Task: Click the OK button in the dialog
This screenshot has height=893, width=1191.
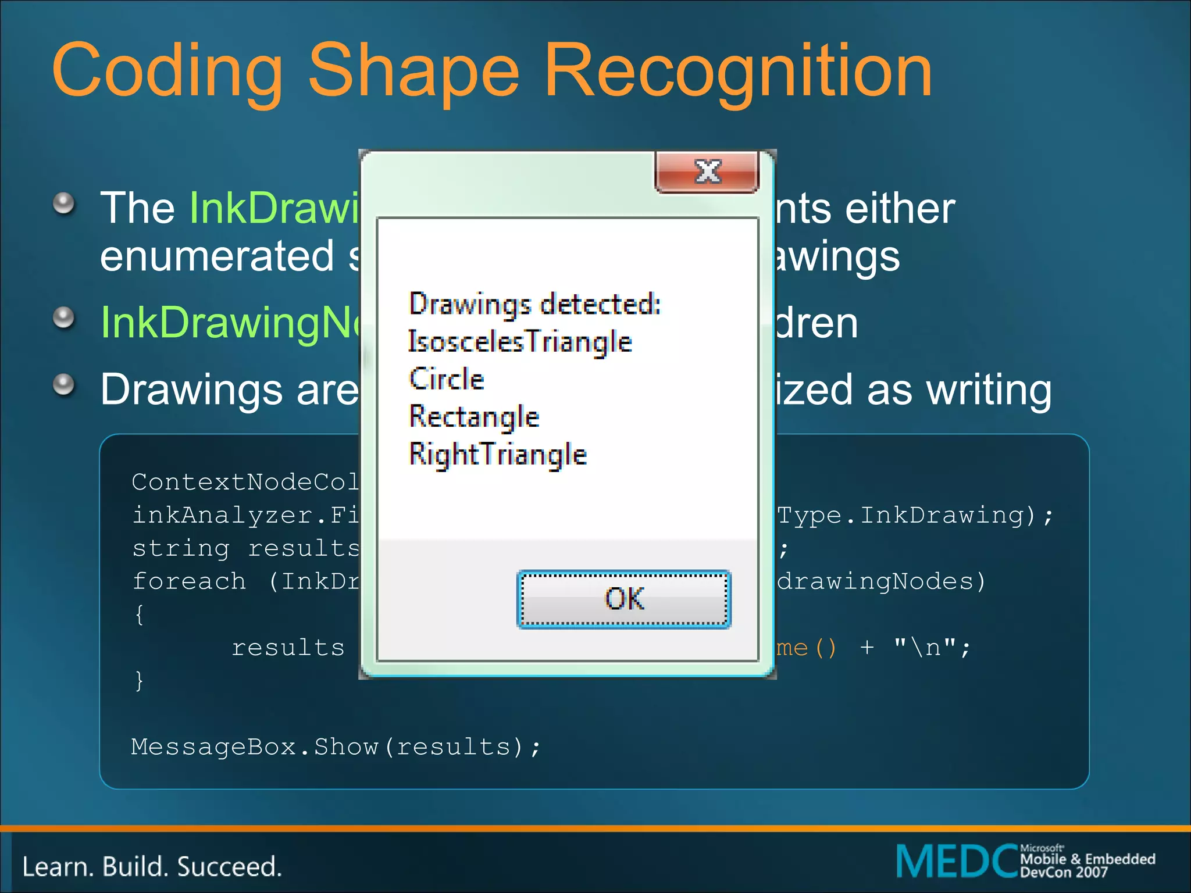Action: [624, 599]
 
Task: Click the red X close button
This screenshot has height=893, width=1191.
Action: [707, 172]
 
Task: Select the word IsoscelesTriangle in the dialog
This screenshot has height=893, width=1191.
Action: [520, 341]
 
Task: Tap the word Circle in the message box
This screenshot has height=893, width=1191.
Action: [447, 379]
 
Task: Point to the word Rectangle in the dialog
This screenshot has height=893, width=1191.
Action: [474, 417]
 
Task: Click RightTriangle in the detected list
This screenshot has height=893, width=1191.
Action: [498, 454]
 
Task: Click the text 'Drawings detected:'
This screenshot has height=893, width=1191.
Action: [535, 304]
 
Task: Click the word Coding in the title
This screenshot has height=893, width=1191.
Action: [167, 71]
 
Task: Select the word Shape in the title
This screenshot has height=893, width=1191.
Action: [413, 71]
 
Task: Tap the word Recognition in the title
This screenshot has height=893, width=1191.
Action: [739, 71]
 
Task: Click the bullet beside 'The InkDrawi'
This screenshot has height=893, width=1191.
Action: [64, 203]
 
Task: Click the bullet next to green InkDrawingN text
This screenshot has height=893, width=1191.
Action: [64, 317]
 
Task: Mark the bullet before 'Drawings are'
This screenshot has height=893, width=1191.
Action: [64, 384]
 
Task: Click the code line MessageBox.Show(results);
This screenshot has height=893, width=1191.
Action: [336, 747]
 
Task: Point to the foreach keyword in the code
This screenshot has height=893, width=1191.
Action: [190, 581]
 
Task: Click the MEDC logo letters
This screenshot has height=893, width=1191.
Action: [956, 861]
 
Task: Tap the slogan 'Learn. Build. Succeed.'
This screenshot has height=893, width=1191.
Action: [152, 867]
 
